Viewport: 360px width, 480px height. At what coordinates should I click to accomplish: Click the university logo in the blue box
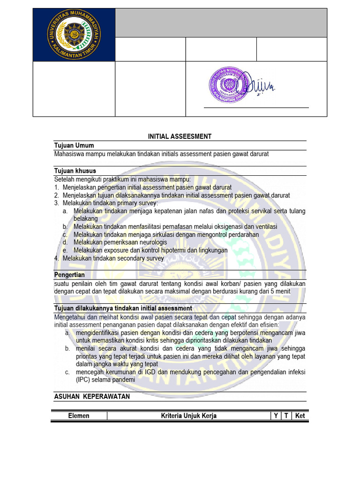tap(74, 35)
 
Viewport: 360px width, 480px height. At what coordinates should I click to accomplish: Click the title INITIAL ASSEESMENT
tap(180, 136)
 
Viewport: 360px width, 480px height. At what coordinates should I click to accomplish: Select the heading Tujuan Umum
tap(74, 145)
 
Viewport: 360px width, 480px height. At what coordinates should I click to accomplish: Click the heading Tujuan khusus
tap(75, 171)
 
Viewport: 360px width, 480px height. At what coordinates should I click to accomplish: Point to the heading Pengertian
tap(69, 275)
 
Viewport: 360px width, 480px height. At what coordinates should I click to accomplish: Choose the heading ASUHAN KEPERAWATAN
tap(92, 397)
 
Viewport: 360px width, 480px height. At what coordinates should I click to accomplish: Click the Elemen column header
tap(79, 416)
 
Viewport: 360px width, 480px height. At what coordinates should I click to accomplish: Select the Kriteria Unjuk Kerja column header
tap(188, 416)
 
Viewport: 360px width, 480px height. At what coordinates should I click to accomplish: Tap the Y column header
tap(276, 416)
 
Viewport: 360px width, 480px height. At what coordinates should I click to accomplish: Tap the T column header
tap(286, 416)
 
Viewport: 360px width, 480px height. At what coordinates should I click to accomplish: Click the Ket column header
tap(300, 416)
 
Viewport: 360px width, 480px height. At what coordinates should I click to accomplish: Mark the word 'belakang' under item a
tap(86, 218)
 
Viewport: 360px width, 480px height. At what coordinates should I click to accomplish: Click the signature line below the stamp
tap(256, 108)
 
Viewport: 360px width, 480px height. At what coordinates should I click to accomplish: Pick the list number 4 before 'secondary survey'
tap(56, 258)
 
